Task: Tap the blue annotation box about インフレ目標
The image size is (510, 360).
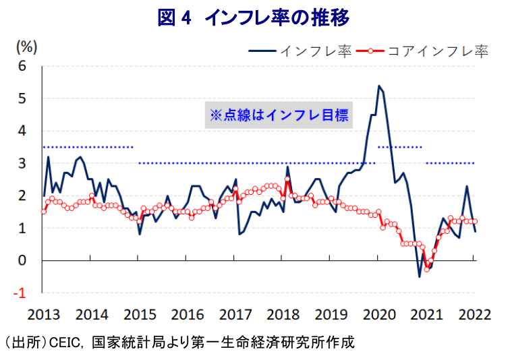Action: pos(278,115)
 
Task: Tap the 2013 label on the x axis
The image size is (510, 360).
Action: pos(44,314)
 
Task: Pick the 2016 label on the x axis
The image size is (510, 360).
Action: pos(187,314)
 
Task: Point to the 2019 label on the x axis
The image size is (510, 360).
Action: pos(330,314)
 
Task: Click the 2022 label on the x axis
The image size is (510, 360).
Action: pos(473,314)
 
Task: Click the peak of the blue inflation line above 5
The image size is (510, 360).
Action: pos(378,86)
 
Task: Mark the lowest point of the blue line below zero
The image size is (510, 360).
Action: pos(419,276)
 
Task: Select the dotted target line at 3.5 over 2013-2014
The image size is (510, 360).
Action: pos(88,147)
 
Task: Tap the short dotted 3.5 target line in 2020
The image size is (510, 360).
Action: pos(400,147)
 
